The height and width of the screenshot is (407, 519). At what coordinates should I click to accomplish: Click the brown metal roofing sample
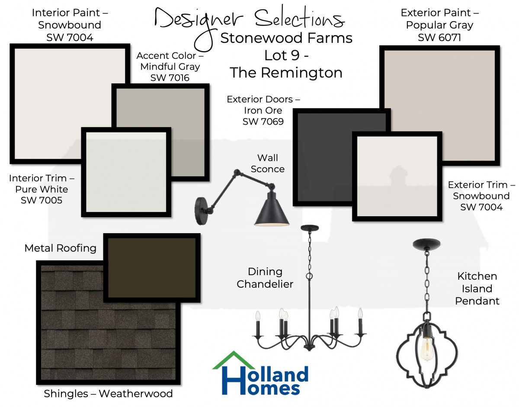click(151, 268)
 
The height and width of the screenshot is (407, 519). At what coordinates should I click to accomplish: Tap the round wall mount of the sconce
click(201, 211)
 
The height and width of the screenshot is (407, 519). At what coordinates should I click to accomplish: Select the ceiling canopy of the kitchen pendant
click(426, 244)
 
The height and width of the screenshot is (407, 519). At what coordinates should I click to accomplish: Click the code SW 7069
click(263, 122)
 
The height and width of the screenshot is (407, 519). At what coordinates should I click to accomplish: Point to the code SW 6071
click(439, 38)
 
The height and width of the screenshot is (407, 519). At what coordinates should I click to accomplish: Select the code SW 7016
click(170, 78)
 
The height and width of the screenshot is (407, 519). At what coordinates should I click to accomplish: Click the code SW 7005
click(42, 200)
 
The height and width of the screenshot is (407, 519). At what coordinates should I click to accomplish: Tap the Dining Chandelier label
click(265, 278)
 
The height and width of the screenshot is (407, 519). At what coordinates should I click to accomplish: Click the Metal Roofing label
click(60, 248)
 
